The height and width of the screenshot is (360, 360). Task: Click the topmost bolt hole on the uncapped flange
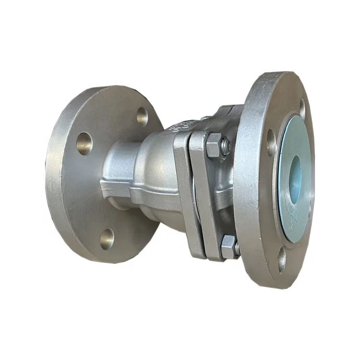pyautogui.click(x=142, y=116)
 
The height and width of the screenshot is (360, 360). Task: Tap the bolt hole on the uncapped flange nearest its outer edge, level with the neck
pyautogui.click(x=84, y=143)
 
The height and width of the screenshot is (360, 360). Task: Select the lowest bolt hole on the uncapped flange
pyautogui.click(x=107, y=238)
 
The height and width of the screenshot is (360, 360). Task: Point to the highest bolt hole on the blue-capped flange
pyautogui.click(x=302, y=108)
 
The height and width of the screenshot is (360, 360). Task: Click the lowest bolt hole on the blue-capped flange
pyautogui.click(x=282, y=260)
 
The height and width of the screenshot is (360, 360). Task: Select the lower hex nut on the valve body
pyautogui.click(x=228, y=246)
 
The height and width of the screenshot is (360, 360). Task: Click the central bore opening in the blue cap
pyautogui.click(x=295, y=172)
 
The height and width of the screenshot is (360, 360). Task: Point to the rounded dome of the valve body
pyautogui.click(x=154, y=158)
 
